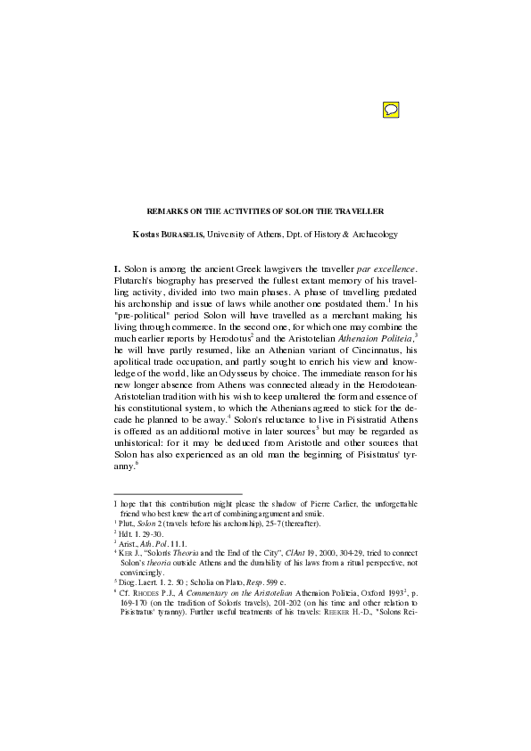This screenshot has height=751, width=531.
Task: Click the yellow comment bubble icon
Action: (390, 110)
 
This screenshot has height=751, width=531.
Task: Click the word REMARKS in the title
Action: (165, 211)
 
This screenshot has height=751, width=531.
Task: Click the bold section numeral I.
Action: (117, 268)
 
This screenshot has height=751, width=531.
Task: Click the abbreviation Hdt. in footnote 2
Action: (124, 532)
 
